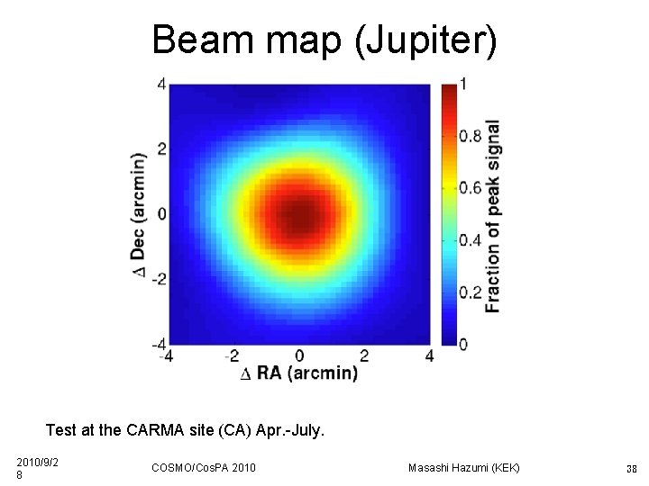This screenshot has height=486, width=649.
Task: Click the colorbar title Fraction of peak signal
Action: (x=493, y=216)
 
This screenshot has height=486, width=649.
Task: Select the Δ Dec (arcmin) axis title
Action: (x=139, y=214)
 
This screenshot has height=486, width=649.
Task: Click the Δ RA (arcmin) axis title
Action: (x=299, y=373)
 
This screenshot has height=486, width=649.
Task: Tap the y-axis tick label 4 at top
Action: (x=161, y=84)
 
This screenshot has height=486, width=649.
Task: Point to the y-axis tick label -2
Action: (x=158, y=278)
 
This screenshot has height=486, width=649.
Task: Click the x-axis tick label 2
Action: (x=364, y=356)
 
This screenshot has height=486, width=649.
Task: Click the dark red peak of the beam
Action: (x=298, y=216)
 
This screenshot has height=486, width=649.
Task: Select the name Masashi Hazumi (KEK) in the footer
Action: (x=464, y=467)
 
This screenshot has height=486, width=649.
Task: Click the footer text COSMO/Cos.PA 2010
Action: (x=204, y=467)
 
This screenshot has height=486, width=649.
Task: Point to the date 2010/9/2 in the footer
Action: (x=37, y=463)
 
